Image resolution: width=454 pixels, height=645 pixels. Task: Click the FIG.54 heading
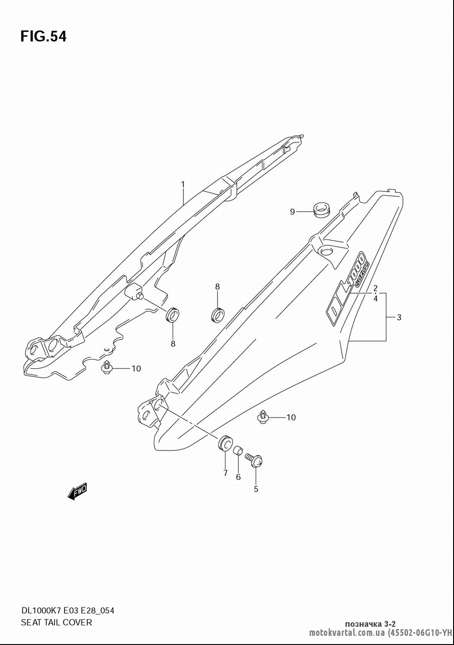(44, 36)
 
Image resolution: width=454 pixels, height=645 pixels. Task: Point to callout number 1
(183, 184)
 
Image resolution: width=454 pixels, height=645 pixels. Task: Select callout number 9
(292, 212)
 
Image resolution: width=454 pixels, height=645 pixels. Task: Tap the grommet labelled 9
(322, 210)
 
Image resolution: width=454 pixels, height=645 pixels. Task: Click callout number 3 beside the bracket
(399, 317)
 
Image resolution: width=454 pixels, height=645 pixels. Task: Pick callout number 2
(375, 288)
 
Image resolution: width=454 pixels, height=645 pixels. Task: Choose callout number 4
(375, 299)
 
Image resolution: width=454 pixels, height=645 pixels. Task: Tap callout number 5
(256, 489)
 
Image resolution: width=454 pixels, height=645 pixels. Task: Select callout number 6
(238, 477)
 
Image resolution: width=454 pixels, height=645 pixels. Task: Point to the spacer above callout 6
(238, 450)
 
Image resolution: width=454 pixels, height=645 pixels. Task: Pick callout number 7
(225, 473)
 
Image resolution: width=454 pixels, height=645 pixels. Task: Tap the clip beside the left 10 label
(107, 367)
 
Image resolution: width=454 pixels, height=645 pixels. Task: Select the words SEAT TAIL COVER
(57, 622)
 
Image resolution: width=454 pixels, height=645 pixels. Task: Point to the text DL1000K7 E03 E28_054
(68, 610)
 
